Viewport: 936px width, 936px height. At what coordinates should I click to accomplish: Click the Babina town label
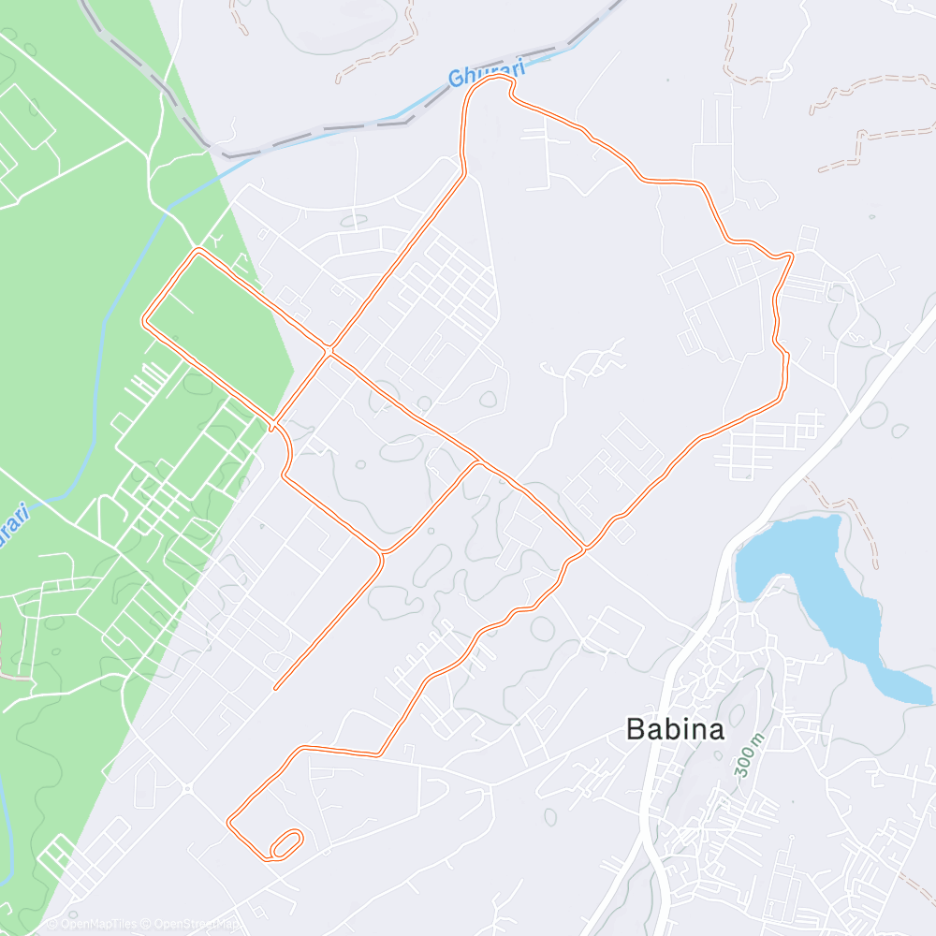tap(675, 729)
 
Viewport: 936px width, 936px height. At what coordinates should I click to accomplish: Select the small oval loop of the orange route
tap(286, 843)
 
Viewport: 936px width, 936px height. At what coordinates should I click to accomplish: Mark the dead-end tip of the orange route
tap(275, 689)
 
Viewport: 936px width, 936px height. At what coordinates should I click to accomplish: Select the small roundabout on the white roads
tap(187, 789)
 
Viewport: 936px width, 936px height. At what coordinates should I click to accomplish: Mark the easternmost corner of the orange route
tap(792, 255)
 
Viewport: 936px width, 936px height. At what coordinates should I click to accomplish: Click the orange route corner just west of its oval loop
tap(230, 823)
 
